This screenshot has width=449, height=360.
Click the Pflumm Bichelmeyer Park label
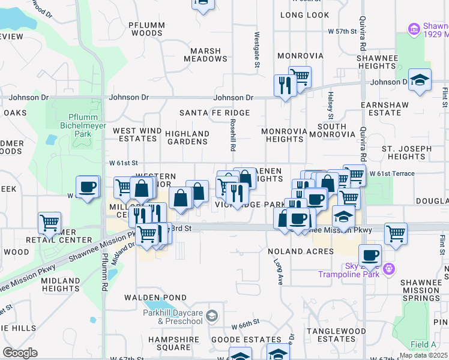75,125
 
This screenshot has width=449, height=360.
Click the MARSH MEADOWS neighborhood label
206,55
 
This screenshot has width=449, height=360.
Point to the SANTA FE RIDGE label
214,113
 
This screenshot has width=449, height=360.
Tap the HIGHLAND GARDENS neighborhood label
187,137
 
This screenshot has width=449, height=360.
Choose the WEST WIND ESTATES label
137,134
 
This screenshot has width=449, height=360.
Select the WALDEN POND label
147,298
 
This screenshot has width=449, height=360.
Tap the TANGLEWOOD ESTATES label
336,334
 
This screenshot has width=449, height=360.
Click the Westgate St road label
256,49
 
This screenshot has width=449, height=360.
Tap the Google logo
20,353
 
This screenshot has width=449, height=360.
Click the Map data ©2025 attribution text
423,355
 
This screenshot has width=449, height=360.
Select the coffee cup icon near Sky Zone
370,256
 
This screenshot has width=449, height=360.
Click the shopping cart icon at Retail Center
49,223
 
